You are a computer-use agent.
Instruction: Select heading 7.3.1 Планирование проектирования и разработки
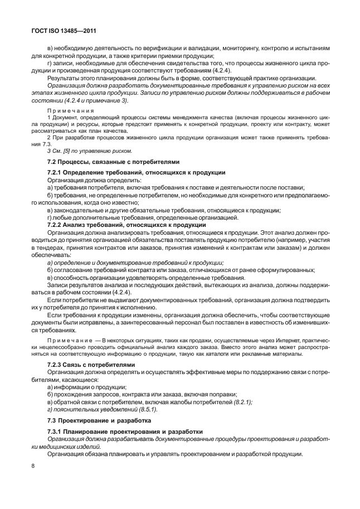coord(124,432)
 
